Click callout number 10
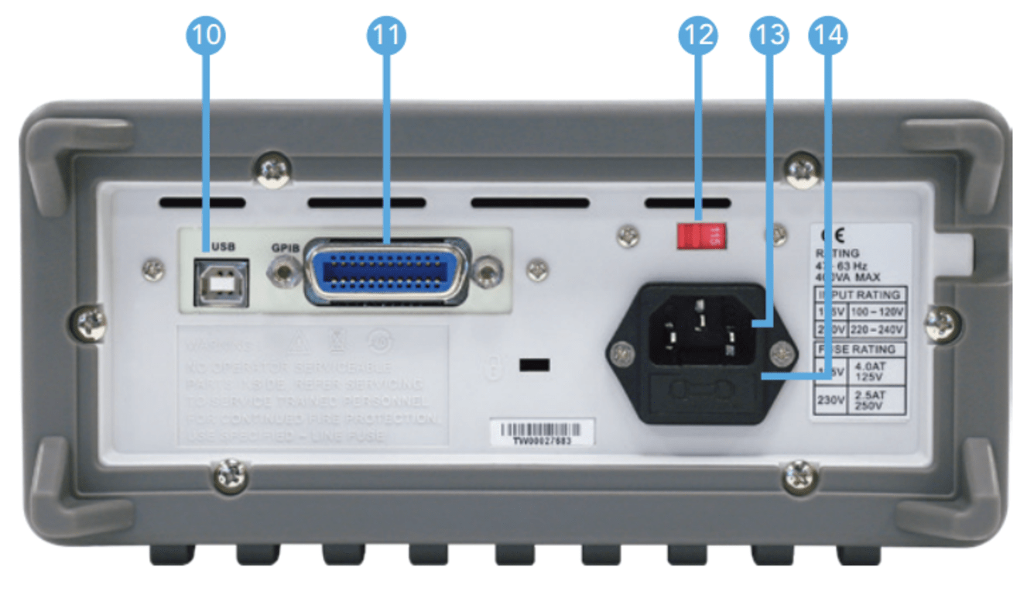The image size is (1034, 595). (x=204, y=35)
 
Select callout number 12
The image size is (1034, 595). (x=698, y=35)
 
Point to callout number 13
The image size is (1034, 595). (x=769, y=35)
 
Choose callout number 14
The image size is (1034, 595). (x=827, y=35)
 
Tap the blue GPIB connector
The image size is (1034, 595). (x=387, y=270)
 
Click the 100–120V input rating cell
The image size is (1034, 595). (x=877, y=312)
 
